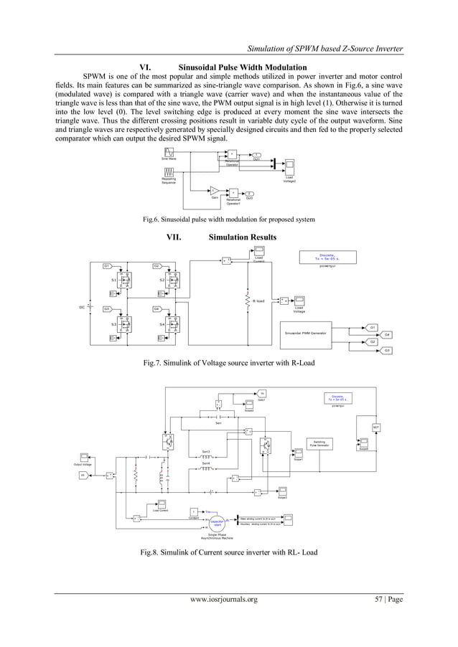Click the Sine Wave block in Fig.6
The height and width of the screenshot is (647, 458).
(169, 151)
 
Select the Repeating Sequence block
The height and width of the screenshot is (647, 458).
(169, 172)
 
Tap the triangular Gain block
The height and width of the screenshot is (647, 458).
(215, 190)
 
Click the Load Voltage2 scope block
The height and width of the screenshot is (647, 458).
(289, 165)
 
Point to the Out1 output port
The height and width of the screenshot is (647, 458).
(257, 154)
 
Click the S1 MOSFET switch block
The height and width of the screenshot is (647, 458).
(126, 280)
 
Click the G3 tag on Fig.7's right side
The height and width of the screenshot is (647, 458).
(387, 350)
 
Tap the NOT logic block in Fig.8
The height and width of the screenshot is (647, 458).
(375, 428)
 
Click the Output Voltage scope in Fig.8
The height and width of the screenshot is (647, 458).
(84, 456)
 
